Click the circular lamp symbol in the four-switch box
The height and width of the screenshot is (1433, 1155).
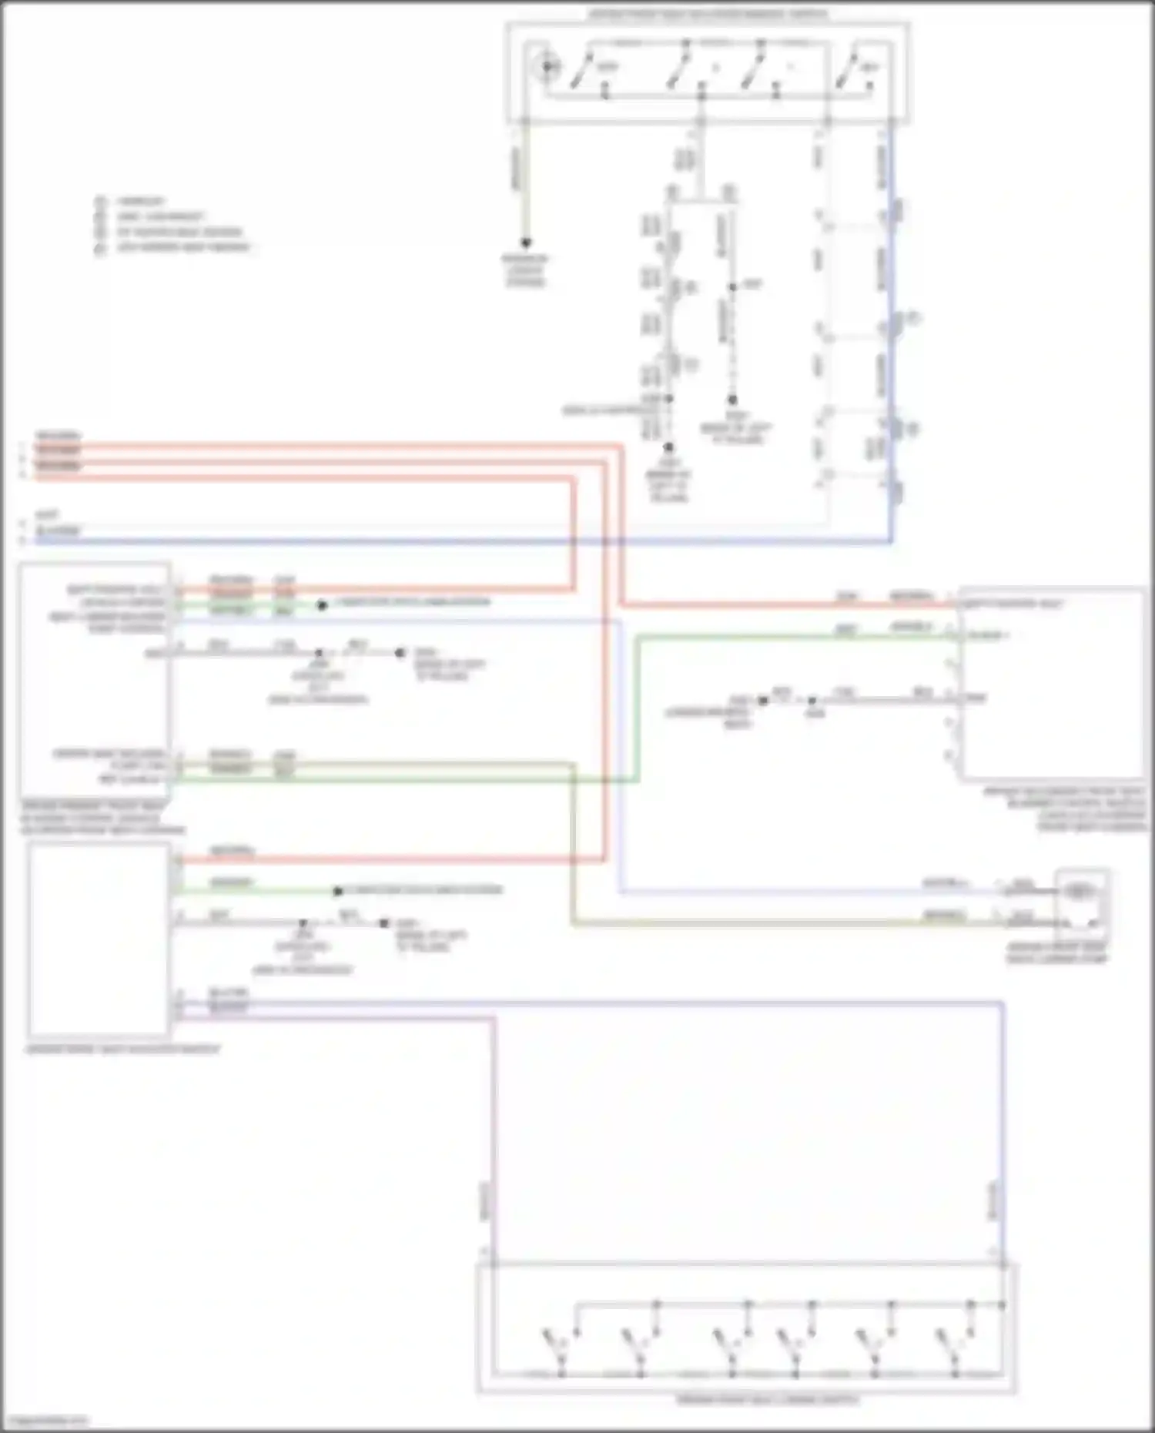coord(547,67)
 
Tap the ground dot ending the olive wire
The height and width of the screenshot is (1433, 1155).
coord(526,243)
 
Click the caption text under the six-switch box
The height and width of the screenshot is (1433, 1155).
coord(768,1399)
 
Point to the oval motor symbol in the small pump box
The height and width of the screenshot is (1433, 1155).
coord(1080,892)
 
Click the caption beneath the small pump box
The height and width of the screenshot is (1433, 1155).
coord(1056,953)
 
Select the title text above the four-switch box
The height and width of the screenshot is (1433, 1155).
coord(708,14)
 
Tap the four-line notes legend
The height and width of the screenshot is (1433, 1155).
coord(173,224)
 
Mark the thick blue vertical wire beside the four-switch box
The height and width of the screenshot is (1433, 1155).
coord(892,347)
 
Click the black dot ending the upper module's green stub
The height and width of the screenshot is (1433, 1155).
coord(322,605)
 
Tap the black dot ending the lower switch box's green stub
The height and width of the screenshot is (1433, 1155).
coord(337,892)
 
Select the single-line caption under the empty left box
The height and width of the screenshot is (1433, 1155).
coord(123,1049)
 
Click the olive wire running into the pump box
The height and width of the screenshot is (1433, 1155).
coord(770,923)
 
